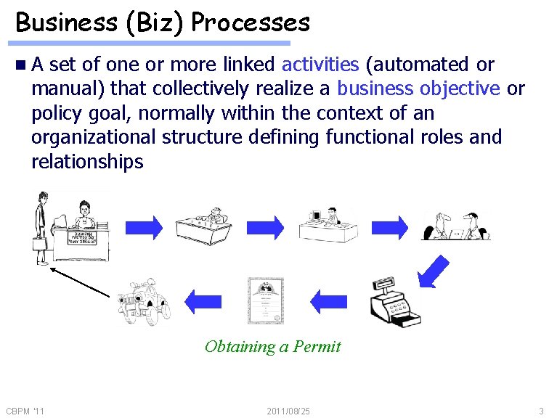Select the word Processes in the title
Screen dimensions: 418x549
(251, 23)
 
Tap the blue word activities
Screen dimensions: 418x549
(320, 65)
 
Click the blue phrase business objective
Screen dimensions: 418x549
(419, 89)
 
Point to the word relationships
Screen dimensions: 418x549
(87, 161)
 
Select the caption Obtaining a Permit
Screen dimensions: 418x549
(272, 346)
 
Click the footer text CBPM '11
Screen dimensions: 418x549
(25, 411)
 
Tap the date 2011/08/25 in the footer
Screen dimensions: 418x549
(288, 411)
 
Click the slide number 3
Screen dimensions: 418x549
(540, 411)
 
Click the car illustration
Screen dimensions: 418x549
(147, 300)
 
